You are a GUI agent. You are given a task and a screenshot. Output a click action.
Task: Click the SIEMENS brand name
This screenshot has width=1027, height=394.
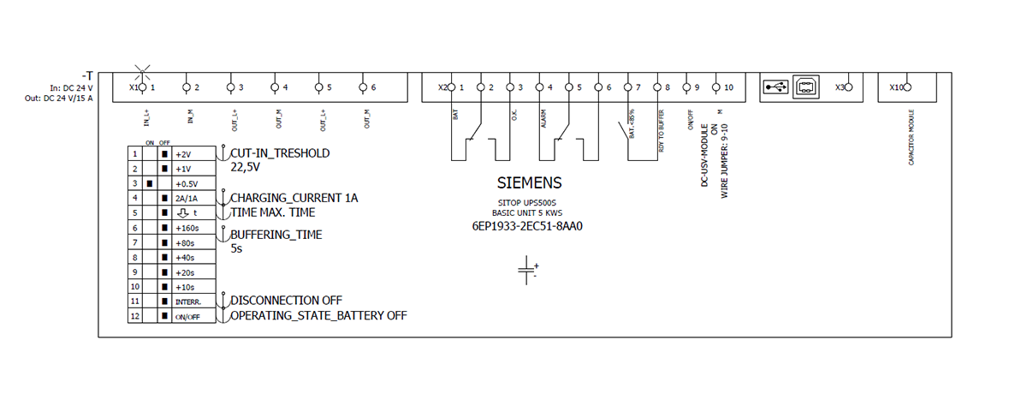530,183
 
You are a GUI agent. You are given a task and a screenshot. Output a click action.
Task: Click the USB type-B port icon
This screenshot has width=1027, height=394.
805,87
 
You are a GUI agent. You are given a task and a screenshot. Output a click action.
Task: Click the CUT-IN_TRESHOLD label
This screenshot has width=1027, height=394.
280,153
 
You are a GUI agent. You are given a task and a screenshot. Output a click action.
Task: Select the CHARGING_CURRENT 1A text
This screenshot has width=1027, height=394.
294,198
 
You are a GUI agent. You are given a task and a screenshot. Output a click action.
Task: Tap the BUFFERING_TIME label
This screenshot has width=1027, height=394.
276,234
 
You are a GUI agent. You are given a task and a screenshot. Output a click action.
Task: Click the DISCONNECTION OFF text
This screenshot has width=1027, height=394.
287,300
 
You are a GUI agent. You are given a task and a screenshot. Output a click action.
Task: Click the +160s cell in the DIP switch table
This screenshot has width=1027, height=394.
186,228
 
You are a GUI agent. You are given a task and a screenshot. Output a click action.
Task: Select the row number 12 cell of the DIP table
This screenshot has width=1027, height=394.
134,316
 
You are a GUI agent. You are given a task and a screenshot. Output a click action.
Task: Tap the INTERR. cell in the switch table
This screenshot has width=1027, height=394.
187,301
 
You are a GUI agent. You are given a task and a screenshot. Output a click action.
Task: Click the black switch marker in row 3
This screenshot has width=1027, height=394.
151,184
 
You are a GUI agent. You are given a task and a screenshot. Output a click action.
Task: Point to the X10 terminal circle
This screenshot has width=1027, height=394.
908,87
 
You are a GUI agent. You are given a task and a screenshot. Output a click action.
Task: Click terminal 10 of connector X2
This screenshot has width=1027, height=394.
716,87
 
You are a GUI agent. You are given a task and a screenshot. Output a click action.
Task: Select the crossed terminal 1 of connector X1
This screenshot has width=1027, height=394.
142,87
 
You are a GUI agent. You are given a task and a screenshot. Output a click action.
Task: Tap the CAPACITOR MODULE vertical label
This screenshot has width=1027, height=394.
911,137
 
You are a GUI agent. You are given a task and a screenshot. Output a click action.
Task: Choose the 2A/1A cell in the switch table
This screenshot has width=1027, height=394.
185,199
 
